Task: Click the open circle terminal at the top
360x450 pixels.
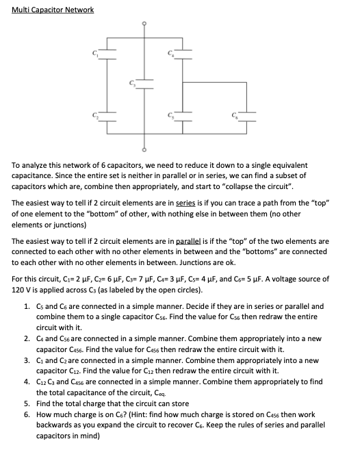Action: pyautogui.click(x=144, y=23)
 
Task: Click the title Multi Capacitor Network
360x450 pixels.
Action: pyautogui.click(x=53, y=10)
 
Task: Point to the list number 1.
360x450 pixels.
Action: pyautogui.click(x=26, y=306)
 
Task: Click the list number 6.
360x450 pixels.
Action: pyautogui.click(x=26, y=414)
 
